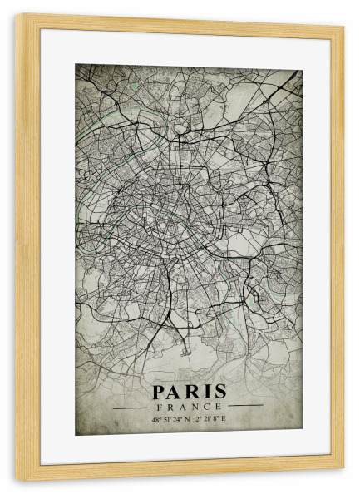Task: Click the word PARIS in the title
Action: [x=189, y=392]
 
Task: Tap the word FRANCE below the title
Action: [x=189, y=407]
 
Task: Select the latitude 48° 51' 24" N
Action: [x=170, y=419]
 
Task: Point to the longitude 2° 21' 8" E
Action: [x=211, y=419]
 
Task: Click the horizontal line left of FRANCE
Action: [x=130, y=408]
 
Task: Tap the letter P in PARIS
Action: [x=159, y=392]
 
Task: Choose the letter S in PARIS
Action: [x=220, y=392]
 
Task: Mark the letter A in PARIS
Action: [x=175, y=392]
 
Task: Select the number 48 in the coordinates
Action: [x=155, y=419]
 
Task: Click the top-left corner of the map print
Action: [x=76, y=65]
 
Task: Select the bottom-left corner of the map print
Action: [x=76, y=433]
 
